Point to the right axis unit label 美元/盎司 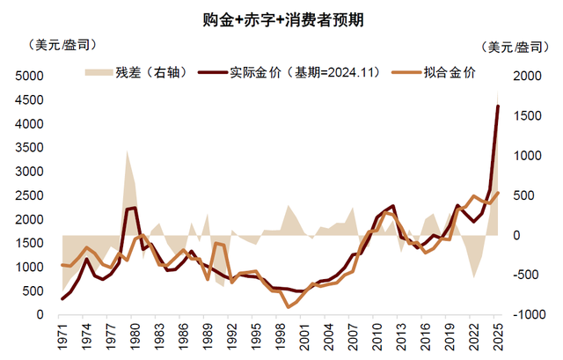(x=519, y=47)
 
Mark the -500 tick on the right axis (x=526, y=275)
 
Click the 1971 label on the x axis (x=62, y=339)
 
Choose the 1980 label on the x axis (x=135, y=339)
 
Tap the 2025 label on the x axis (x=497, y=339)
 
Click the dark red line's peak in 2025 (x=498, y=106)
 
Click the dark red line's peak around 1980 (x=135, y=208)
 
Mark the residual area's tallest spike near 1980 (x=128, y=151)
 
